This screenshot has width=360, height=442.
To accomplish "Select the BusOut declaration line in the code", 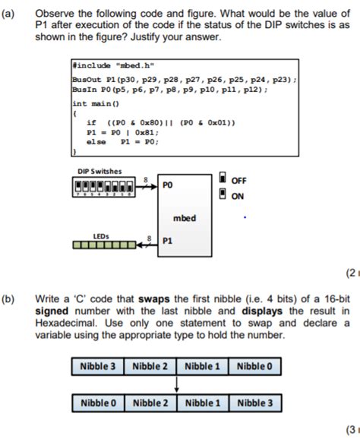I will [183, 78].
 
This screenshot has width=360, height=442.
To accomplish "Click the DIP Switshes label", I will [99, 171].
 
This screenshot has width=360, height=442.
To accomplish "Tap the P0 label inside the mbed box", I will [168, 185].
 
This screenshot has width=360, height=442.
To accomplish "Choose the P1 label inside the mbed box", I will [168, 239].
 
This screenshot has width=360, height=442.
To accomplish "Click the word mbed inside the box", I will [185, 218].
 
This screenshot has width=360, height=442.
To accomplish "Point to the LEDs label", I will [101, 236].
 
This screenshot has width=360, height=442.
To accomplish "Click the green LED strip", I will [103, 245].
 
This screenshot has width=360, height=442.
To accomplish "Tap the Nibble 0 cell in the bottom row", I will [99, 403].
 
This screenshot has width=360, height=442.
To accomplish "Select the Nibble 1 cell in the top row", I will [202, 367].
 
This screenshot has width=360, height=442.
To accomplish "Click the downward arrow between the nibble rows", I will [176, 384].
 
